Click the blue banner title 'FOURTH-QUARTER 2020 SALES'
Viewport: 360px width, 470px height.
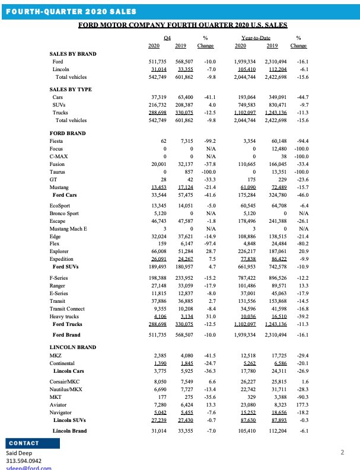click(70, 11)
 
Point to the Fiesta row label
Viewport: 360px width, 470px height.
click(58, 141)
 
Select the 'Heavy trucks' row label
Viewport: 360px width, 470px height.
click(65, 317)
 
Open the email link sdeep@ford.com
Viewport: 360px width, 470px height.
click(29, 468)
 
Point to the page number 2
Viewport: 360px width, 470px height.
click(342, 453)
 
